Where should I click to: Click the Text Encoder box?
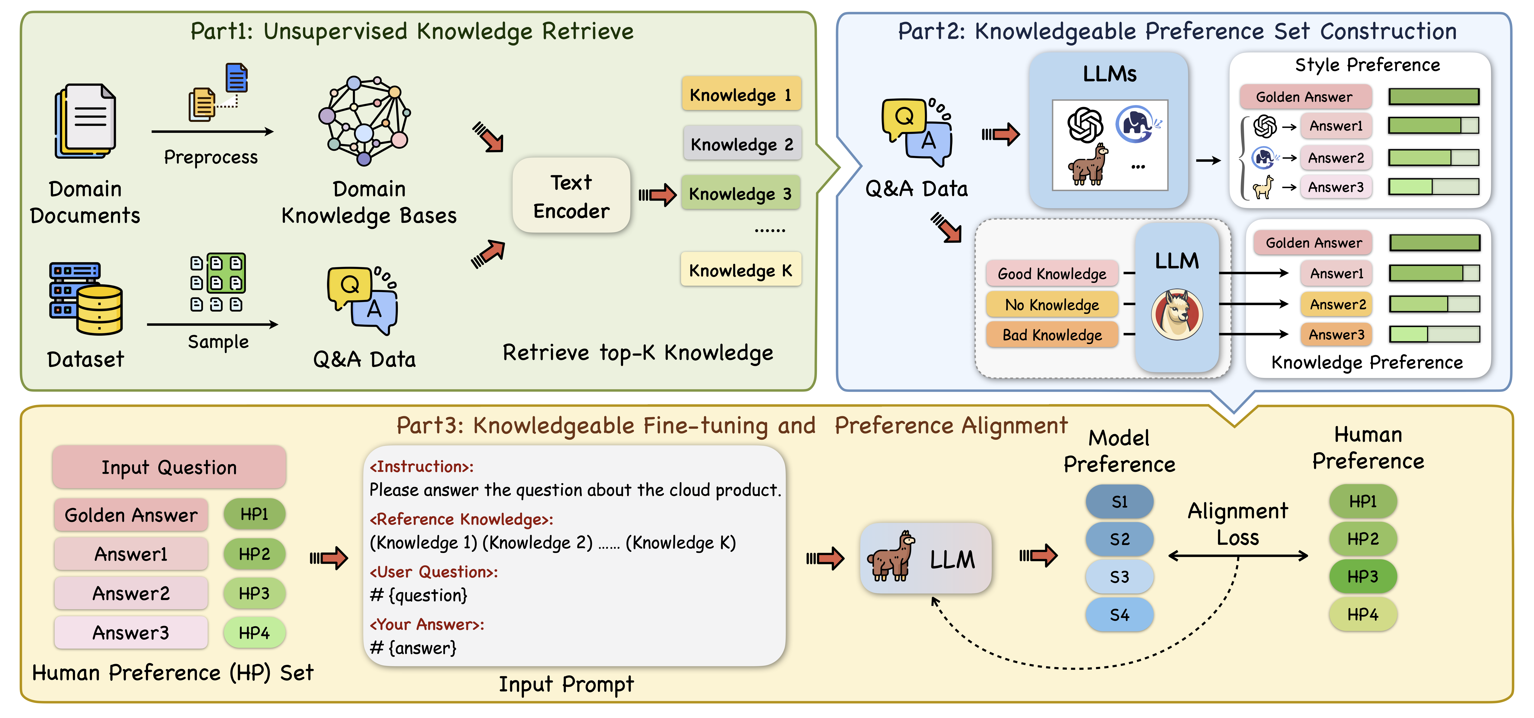571,195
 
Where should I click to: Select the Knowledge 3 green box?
740,194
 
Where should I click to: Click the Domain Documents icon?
85,121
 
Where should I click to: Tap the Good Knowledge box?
1052,274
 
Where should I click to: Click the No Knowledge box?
1052,305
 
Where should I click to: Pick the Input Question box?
169,467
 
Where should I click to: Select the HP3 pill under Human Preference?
1362,576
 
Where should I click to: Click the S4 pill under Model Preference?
1119,614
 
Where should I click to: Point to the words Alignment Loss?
1237,524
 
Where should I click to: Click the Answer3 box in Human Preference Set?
131,632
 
